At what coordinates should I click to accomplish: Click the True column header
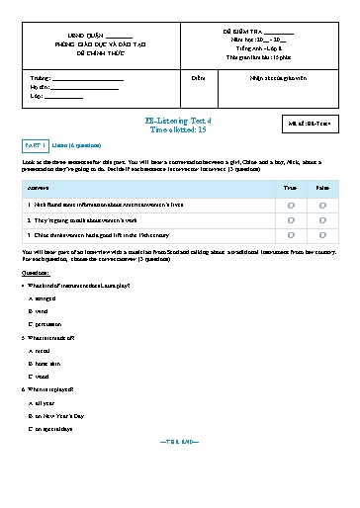click(290, 186)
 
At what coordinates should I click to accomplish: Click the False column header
click(323, 186)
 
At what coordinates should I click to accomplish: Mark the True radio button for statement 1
click(291, 205)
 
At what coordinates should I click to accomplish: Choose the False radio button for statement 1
click(323, 205)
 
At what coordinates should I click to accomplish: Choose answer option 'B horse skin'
click(48, 362)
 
